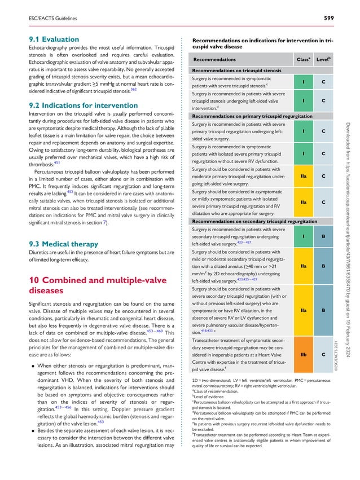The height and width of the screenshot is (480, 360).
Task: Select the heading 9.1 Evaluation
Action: pos(54,39)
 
